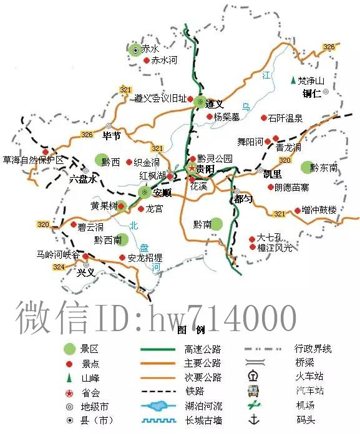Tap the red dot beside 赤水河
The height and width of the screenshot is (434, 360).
coord(147,61)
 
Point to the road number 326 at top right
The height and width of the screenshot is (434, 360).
coord(329,47)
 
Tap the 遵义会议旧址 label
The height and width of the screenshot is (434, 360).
coord(160,99)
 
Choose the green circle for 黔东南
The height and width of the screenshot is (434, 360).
coord(306,166)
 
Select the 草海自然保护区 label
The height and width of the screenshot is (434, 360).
coord(34,160)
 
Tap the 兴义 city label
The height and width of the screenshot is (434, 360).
coord(86,273)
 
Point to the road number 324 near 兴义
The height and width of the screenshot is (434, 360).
coord(59,266)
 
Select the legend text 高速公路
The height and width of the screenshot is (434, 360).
coord(203,350)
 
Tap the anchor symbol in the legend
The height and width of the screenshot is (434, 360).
coord(253,418)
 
